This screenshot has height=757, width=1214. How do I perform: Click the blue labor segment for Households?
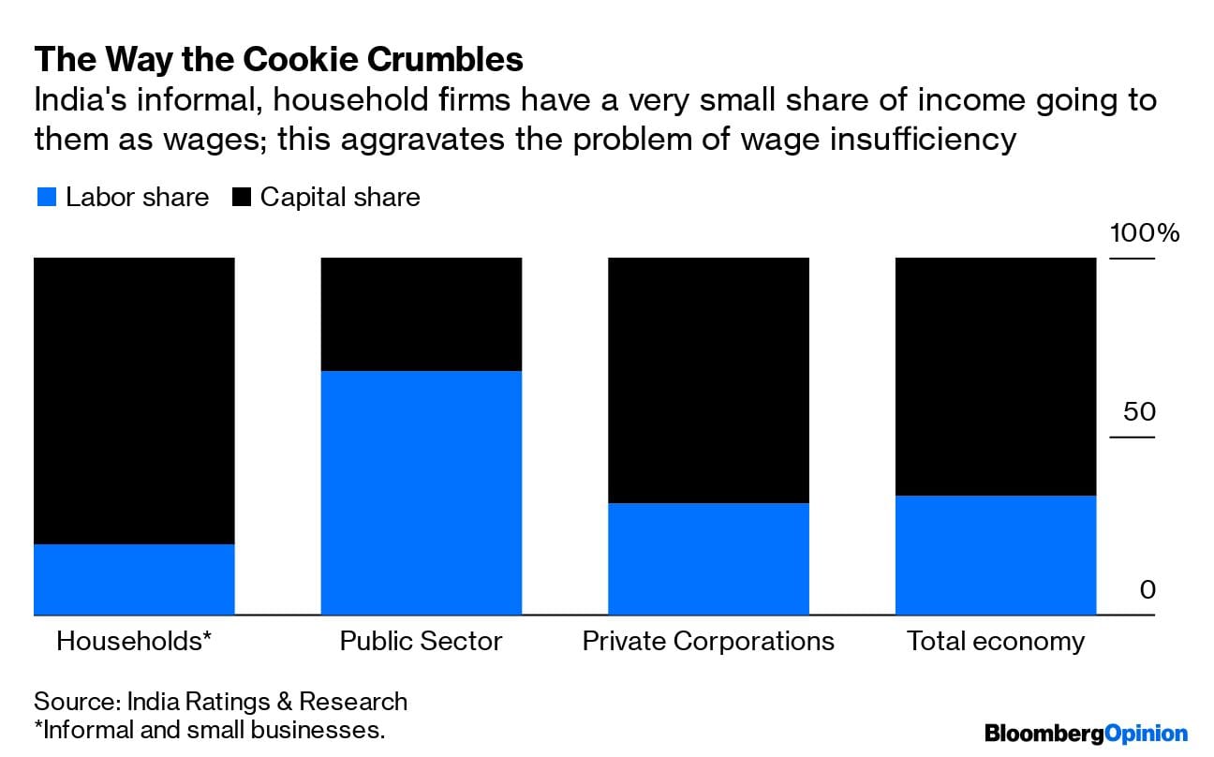click(x=134, y=579)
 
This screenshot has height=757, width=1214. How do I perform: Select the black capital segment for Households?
click(x=134, y=400)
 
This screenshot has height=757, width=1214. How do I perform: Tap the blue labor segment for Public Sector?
click(x=422, y=493)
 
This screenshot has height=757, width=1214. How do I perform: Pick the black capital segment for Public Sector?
click(x=422, y=314)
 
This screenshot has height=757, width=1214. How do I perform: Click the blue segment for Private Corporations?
click(x=709, y=558)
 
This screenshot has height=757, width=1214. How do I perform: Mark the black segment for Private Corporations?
click(x=709, y=379)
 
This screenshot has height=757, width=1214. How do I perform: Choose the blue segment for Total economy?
click(x=996, y=555)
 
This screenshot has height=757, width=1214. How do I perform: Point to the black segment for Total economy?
click(x=996, y=376)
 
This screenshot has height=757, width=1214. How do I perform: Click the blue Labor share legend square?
click(x=47, y=198)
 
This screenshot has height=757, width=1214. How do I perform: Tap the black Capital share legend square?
click(x=242, y=198)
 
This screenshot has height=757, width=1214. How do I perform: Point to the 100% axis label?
click(x=1145, y=233)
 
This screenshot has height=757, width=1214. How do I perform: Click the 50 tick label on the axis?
click(x=1139, y=411)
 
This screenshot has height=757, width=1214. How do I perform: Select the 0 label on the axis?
click(x=1147, y=590)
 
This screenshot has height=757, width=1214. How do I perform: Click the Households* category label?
click(x=134, y=641)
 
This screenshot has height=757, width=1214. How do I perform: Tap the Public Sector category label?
click(x=422, y=641)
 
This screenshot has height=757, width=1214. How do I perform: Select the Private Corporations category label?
click(x=708, y=641)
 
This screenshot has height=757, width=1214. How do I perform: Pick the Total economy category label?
click(x=996, y=641)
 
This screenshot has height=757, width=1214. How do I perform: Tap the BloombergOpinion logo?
click(x=1086, y=733)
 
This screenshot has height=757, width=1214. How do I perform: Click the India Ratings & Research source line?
click(x=221, y=701)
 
